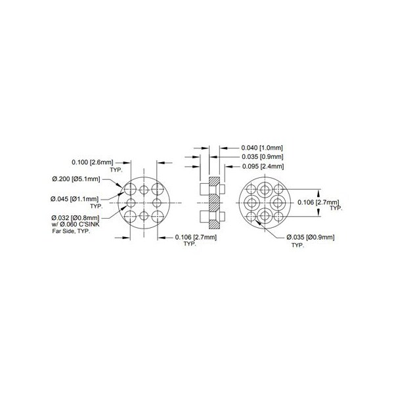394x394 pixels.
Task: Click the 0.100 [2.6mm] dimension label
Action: coord(93,162)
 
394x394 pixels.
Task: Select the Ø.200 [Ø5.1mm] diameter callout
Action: coord(76,179)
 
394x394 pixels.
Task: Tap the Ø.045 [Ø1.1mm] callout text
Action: coord(74,199)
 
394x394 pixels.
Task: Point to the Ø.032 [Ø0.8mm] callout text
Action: coord(76,217)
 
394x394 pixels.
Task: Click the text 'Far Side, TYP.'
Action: coord(71,231)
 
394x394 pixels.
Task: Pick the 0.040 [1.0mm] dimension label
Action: coord(262,148)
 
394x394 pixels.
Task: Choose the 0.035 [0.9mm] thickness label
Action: coord(263,157)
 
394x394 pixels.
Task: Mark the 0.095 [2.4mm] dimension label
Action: coord(263,166)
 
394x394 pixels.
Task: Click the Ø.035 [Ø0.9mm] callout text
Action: coord(311,237)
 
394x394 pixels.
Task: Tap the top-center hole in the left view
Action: coord(144,190)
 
